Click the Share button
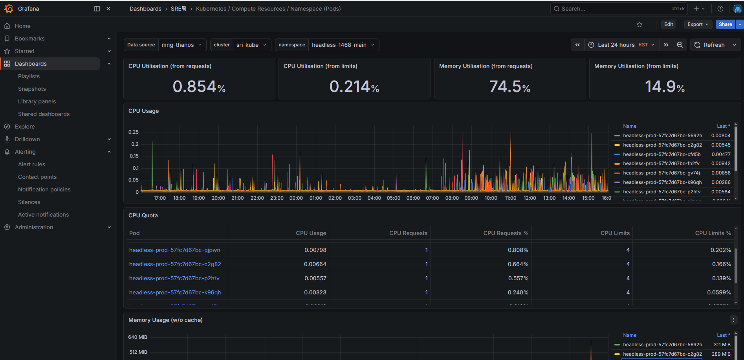[x=725, y=24]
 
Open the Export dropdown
[x=698, y=24]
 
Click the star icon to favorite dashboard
[x=640, y=24]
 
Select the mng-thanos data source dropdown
[x=181, y=45]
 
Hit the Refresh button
[x=709, y=45]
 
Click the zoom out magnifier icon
[x=680, y=45]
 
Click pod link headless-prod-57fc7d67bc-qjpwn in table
[x=174, y=250]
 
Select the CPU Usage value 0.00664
[x=315, y=264]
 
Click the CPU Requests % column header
[x=506, y=233]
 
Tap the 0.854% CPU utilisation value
[x=199, y=86]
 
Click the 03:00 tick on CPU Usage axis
[x=354, y=198]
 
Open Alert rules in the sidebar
[x=31, y=164]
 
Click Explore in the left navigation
[x=25, y=127]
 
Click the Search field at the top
[x=613, y=9]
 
